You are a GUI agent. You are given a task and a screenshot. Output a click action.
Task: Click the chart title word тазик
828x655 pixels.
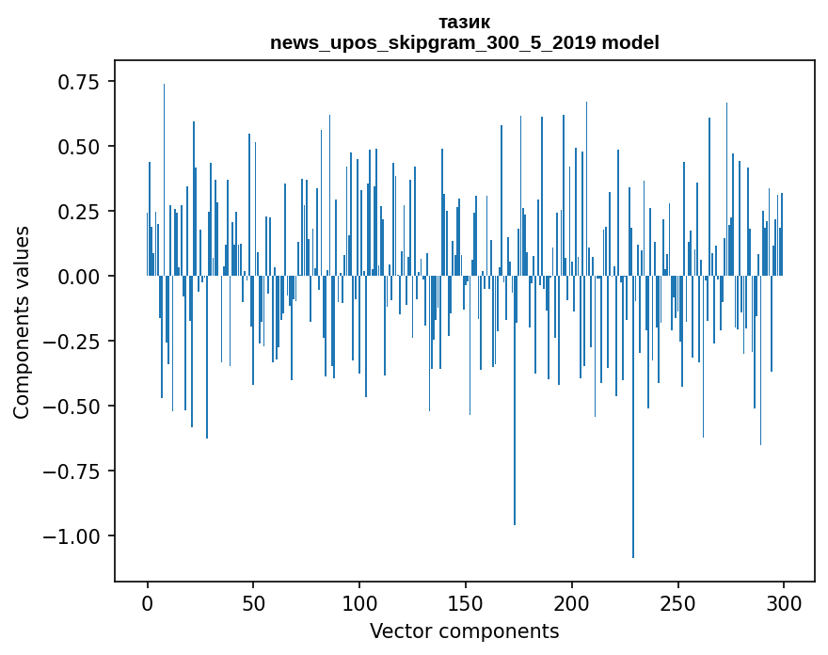464,22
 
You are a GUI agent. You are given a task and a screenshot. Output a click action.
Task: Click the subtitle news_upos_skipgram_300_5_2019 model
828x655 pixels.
464,42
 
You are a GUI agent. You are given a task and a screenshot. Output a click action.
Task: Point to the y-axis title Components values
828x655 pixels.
21,322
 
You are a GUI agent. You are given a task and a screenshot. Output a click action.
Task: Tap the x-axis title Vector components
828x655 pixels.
464,631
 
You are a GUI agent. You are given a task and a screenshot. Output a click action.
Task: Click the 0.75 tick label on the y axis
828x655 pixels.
79,82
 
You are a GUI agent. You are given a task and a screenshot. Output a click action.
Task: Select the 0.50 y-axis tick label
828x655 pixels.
79,147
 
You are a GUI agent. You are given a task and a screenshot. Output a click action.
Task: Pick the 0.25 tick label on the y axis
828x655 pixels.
79,212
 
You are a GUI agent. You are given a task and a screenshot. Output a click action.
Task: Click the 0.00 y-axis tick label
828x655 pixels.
79,277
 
